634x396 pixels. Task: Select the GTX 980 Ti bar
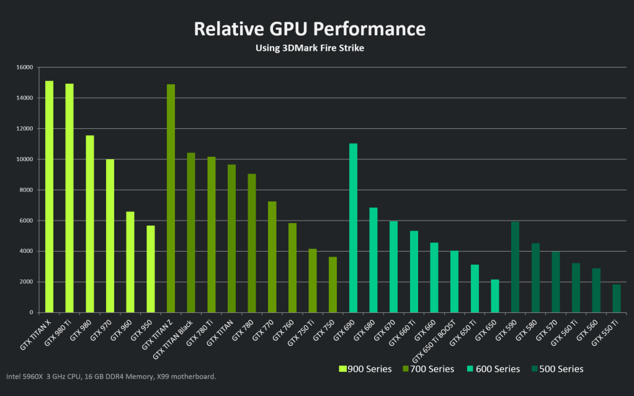click(x=69, y=198)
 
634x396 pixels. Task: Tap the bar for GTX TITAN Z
click(x=171, y=198)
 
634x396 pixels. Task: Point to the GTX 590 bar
click(x=515, y=267)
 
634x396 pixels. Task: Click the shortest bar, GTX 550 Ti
click(x=616, y=298)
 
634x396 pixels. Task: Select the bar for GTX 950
click(x=150, y=269)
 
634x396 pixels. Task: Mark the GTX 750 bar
click(x=333, y=284)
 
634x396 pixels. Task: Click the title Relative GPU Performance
click(x=310, y=29)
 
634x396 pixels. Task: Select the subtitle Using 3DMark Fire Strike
click(x=310, y=48)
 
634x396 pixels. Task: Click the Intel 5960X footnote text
click(x=111, y=376)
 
